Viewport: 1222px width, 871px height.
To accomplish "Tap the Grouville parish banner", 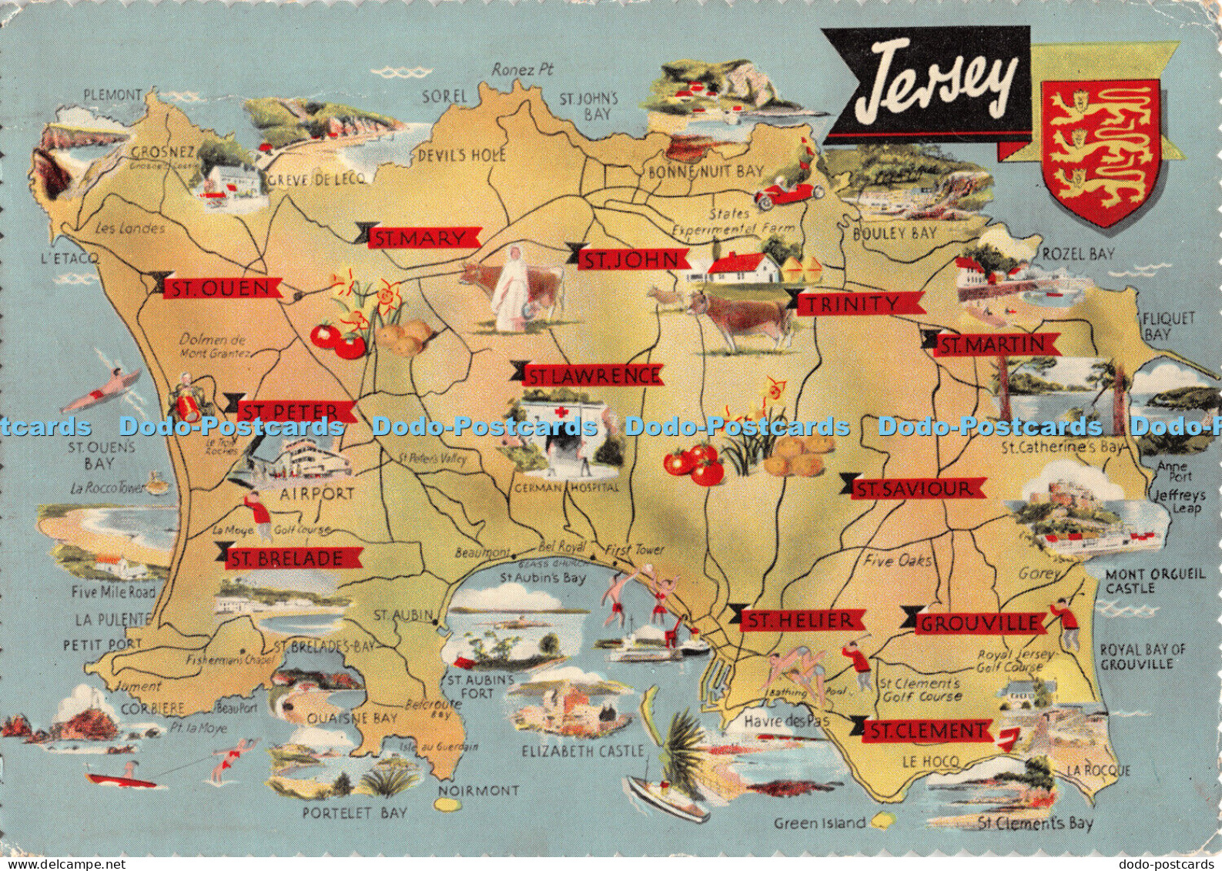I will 978,622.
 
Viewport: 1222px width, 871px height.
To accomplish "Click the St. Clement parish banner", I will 926,729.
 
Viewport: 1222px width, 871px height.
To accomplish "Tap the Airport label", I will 316,494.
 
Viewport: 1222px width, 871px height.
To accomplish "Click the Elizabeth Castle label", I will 582,750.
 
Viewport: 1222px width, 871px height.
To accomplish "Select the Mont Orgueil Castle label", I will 1145,581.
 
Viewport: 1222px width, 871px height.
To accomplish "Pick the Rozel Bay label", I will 1078,254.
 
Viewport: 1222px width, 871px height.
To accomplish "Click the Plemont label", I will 112,95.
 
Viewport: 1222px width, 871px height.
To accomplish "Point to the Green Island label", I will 819,822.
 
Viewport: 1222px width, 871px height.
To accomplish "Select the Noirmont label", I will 478,790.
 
